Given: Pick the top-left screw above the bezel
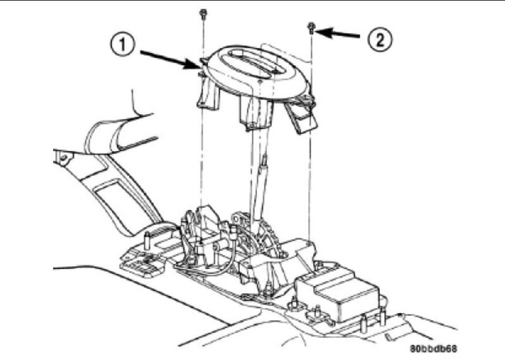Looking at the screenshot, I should click(203, 13).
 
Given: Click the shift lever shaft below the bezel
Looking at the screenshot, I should click(261, 183).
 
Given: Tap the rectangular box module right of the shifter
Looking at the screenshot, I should click(339, 295).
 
